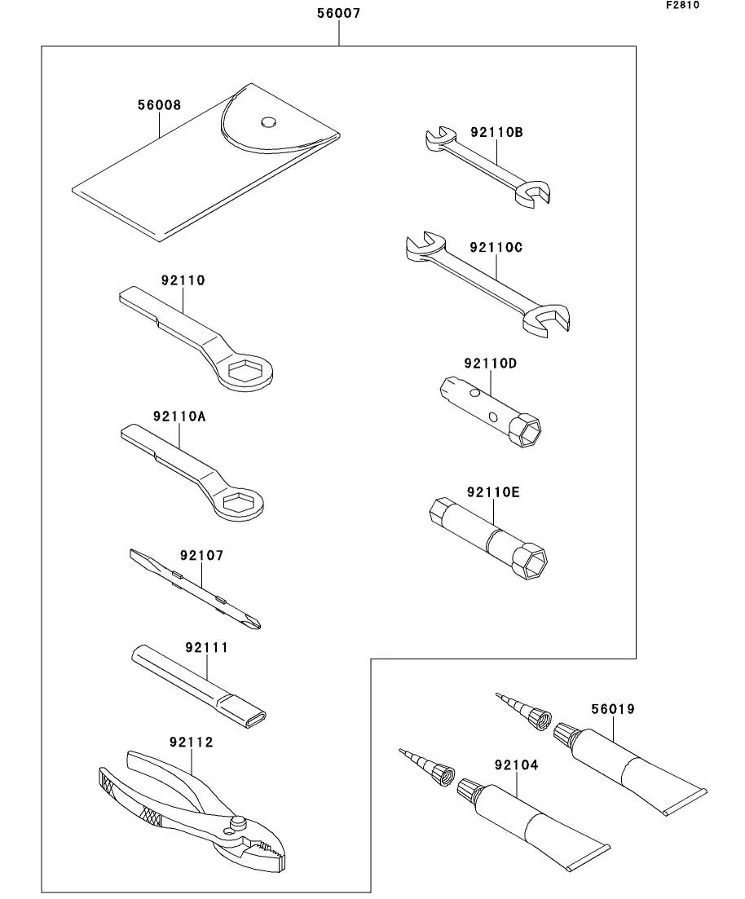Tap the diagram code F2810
[x=682, y=5]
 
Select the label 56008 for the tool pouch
[x=159, y=105]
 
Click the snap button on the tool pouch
[x=267, y=123]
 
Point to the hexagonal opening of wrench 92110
[x=244, y=372]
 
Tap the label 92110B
[x=496, y=131]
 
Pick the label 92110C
[x=496, y=247]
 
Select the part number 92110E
[x=493, y=492]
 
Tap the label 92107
[x=201, y=555]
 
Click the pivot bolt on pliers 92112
[x=239, y=822]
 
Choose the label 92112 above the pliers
[x=192, y=743]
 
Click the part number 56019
[x=613, y=709]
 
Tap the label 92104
[x=516, y=765]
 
